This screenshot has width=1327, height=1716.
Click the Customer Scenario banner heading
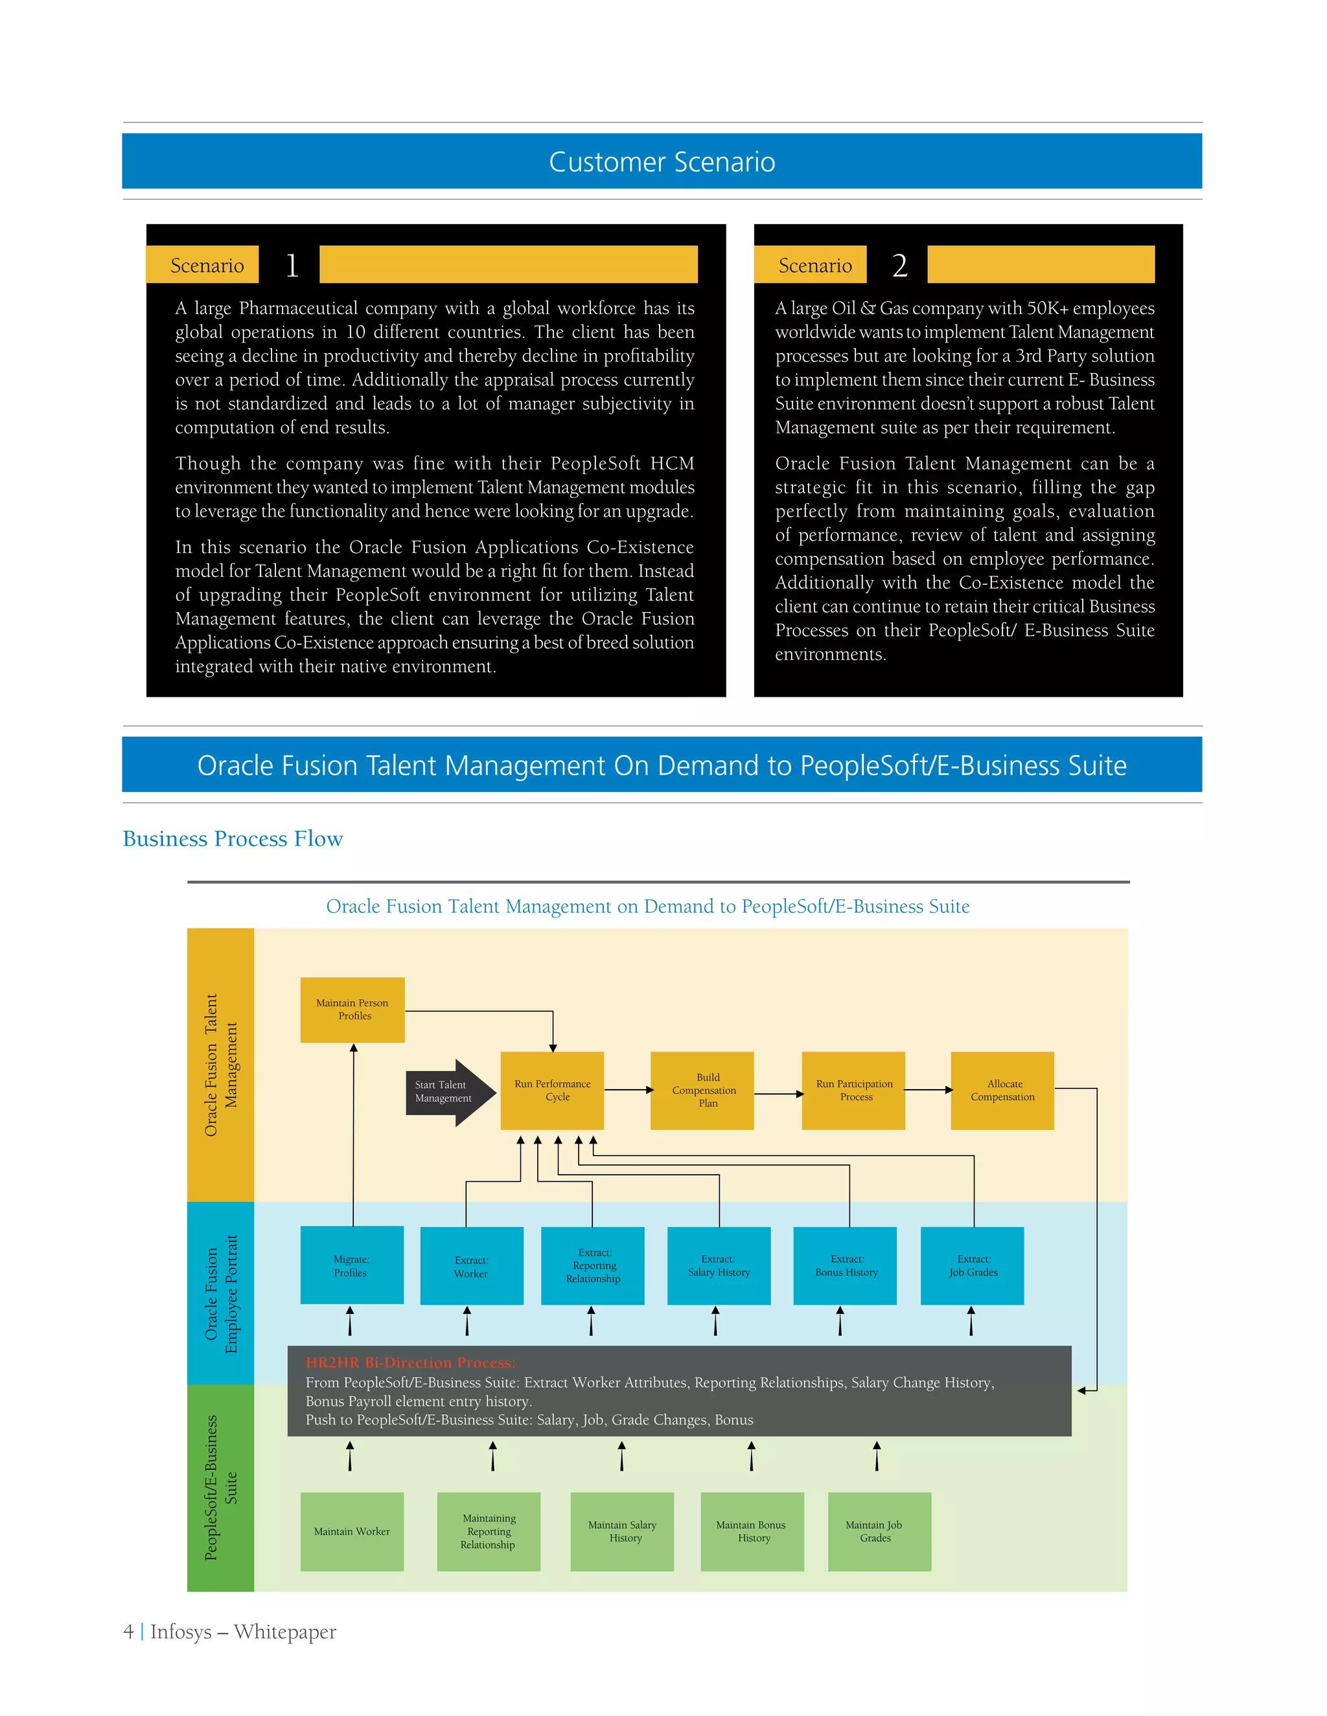click(x=662, y=162)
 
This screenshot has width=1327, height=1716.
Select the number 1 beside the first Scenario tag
click(x=292, y=265)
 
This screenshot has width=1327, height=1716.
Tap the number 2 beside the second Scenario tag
click(x=899, y=265)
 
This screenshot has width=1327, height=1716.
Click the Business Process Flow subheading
click(x=233, y=839)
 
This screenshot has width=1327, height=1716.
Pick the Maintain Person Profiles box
click(x=352, y=1010)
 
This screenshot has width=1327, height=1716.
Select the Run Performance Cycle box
click(x=552, y=1090)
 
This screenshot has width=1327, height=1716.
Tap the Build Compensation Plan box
click(x=702, y=1090)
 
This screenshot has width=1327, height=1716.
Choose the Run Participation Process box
click(x=853, y=1090)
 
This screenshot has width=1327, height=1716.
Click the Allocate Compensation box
click(x=1002, y=1090)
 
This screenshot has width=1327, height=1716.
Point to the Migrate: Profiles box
click(x=351, y=1266)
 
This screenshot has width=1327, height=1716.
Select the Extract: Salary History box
click(x=719, y=1266)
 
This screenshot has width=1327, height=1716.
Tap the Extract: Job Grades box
click(x=973, y=1266)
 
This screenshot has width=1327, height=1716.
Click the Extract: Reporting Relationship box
click(x=593, y=1266)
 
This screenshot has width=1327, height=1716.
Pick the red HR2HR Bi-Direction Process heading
click(x=410, y=1363)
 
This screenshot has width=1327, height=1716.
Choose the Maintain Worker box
click(x=351, y=1531)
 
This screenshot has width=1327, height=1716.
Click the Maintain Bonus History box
click(x=752, y=1531)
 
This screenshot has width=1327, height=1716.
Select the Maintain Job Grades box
click(x=879, y=1531)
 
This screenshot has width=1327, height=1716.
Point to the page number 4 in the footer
click(x=128, y=1632)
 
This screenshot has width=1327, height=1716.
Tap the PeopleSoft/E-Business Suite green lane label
click(x=220, y=1487)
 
